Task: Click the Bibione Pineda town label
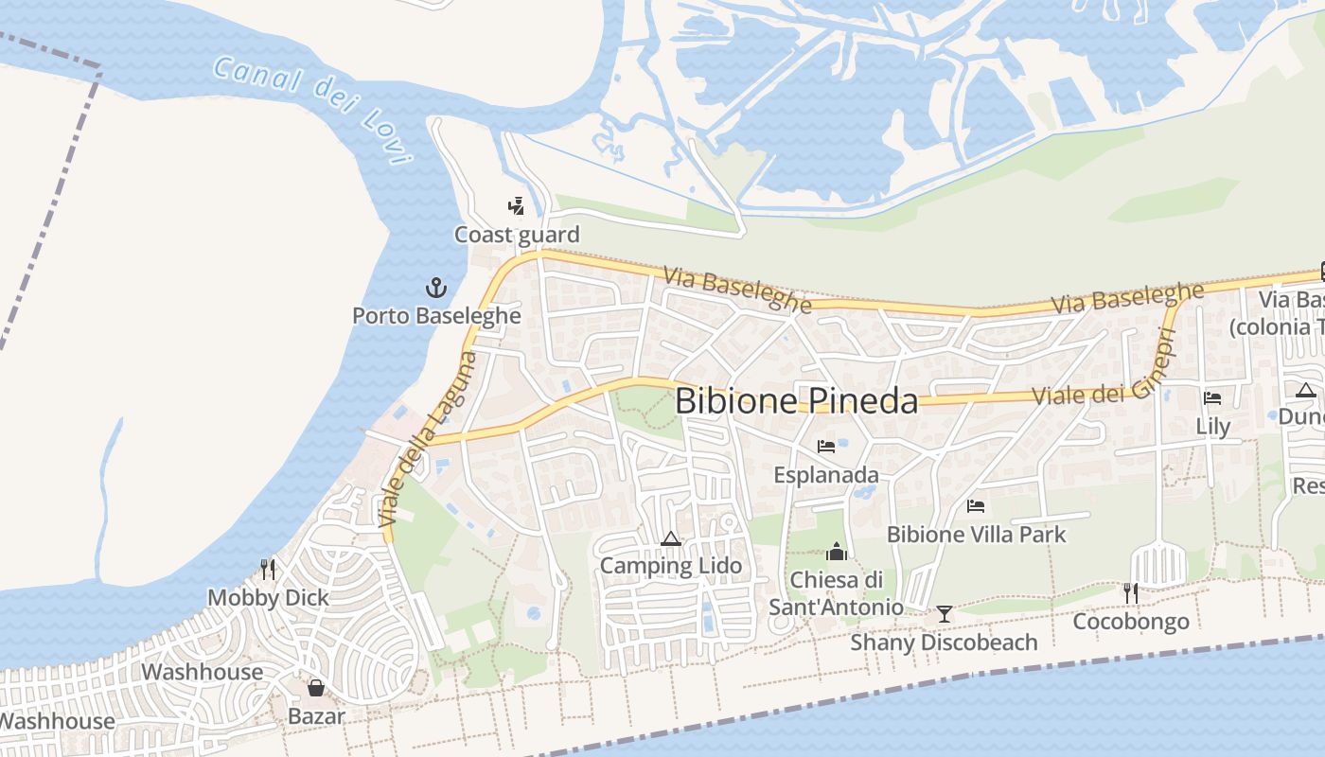click(x=796, y=401)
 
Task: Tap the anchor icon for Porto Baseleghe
click(x=435, y=287)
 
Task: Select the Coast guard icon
click(x=516, y=205)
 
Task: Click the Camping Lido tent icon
click(x=671, y=539)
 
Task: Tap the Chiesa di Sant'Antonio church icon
click(x=837, y=551)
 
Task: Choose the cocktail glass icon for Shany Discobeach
click(x=944, y=614)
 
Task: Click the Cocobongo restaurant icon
click(x=1130, y=593)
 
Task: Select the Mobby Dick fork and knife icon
click(x=268, y=569)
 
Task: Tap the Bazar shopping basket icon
click(x=316, y=688)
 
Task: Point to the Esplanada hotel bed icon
click(x=826, y=446)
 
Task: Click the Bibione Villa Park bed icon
click(x=976, y=506)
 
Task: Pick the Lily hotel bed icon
click(x=1212, y=398)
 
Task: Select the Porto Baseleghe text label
click(x=436, y=315)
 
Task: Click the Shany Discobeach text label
click(x=944, y=643)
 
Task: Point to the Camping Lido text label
click(x=671, y=567)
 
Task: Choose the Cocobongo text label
click(x=1130, y=622)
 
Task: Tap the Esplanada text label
click(x=826, y=474)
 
